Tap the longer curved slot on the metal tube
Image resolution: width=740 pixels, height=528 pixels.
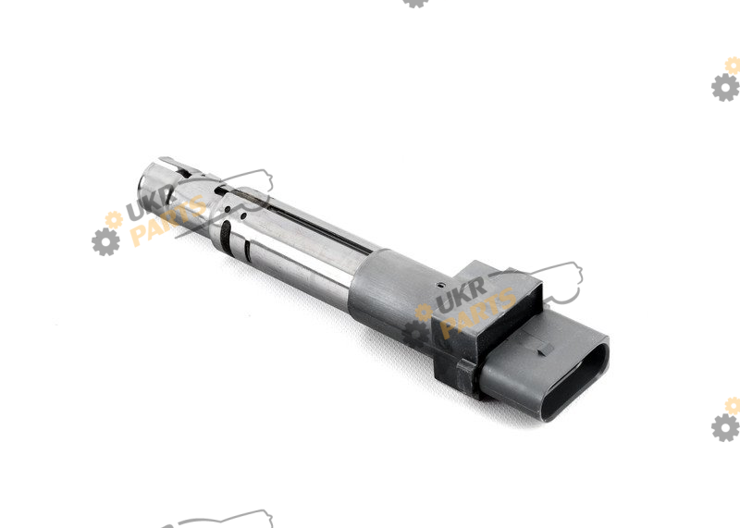coord(226,238)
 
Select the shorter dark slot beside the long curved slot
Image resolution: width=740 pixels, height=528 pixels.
coord(247,251)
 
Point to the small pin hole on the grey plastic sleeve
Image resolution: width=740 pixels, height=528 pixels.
coord(440,286)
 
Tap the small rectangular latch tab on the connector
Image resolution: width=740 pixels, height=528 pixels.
coord(546,350)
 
